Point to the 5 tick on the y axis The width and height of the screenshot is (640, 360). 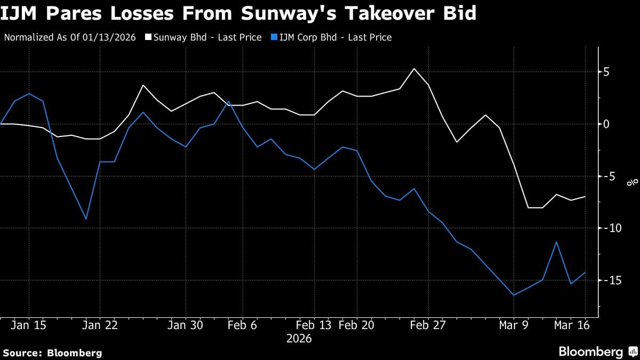(x=606, y=72)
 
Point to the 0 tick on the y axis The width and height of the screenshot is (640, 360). (x=606, y=124)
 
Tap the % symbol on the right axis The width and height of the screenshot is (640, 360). (x=633, y=182)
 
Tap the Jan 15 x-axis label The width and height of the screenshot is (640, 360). (x=28, y=326)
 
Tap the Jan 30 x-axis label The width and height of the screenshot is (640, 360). (x=185, y=326)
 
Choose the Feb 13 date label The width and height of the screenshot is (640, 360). (x=314, y=326)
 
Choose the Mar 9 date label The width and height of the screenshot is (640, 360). (x=514, y=326)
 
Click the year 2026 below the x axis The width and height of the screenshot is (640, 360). (x=299, y=339)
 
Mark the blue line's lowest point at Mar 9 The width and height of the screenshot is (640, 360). (x=514, y=295)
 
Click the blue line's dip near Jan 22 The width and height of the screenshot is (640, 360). (x=86, y=219)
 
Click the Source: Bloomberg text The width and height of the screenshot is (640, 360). (x=52, y=353)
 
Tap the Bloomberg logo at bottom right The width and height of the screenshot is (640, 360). (x=596, y=351)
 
